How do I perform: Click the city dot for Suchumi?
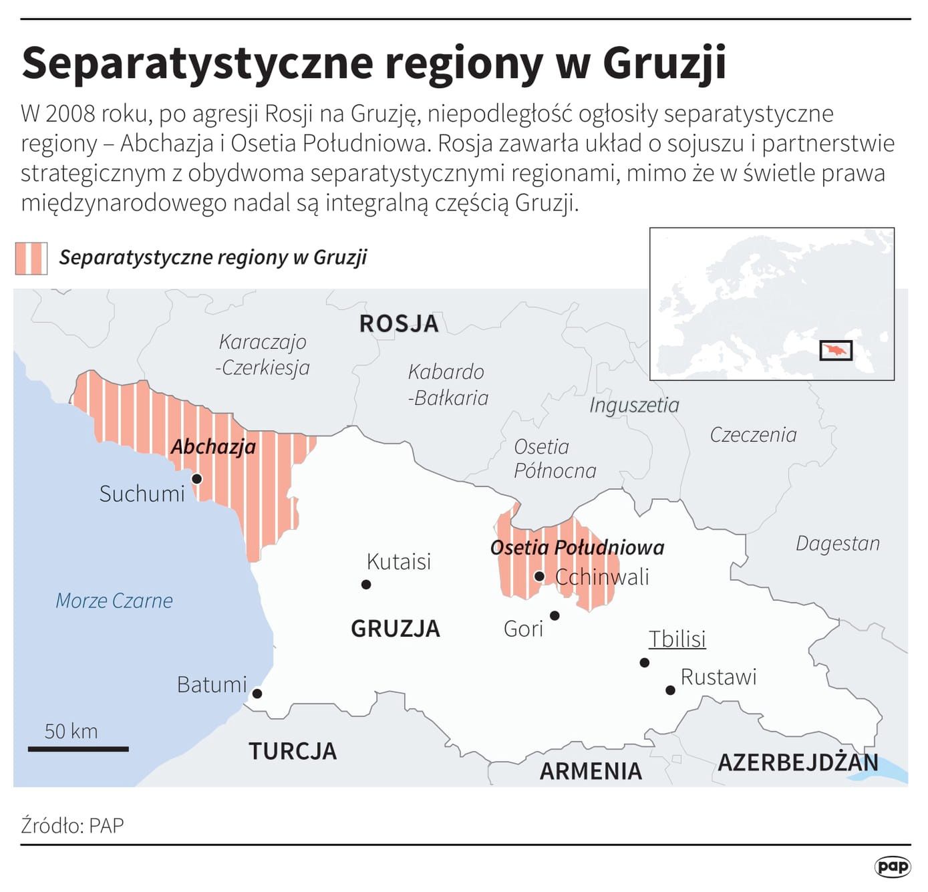point(196,478)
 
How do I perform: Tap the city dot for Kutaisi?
point(366,584)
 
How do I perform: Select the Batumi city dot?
point(257,694)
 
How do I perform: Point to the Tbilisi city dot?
point(644,662)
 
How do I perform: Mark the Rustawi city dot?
point(670,690)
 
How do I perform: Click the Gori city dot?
point(555,615)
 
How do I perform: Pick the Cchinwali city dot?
point(539,576)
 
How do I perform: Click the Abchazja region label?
point(213,446)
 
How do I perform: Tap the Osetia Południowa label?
point(577,547)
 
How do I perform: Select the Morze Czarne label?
point(114,600)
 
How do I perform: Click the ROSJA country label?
point(399,323)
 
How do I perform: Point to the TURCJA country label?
point(293,751)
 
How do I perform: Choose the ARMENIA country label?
point(591,771)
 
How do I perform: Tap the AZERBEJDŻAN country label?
point(798,762)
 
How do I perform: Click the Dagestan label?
point(837,543)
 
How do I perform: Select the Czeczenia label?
point(753,434)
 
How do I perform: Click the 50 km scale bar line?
point(78,749)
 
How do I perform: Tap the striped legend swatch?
point(31,258)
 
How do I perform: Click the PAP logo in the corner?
point(893,867)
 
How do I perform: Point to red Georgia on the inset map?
point(836,350)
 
